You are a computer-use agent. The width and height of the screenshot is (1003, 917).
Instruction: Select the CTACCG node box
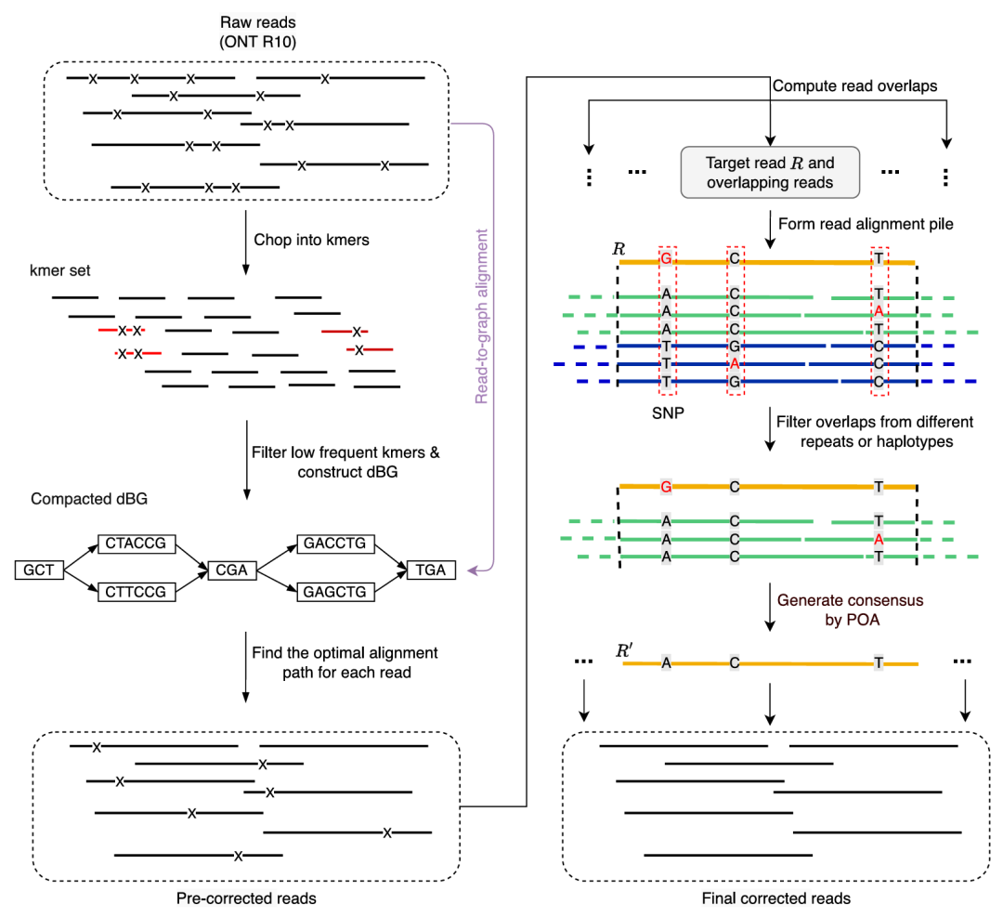tap(136, 544)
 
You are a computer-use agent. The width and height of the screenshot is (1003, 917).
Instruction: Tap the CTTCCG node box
tap(136, 592)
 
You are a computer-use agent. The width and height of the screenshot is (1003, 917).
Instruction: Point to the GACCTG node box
tap(334, 544)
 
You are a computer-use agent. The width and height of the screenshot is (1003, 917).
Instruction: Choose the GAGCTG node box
tap(334, 592)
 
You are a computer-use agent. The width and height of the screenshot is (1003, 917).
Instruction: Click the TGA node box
tap(432, 569)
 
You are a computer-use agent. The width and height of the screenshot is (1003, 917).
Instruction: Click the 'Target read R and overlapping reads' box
tap(770, 172)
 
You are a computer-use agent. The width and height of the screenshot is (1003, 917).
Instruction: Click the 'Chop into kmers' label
tap(311, 240)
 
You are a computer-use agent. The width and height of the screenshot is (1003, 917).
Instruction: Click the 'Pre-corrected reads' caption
tap(246, 898)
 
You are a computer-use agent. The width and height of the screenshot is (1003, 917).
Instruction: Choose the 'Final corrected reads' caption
tap(777, 898)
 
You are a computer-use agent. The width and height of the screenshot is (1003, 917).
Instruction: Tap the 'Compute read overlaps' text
tap(854, 85)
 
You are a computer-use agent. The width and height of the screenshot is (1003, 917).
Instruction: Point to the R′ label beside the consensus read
tap(625, 649)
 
